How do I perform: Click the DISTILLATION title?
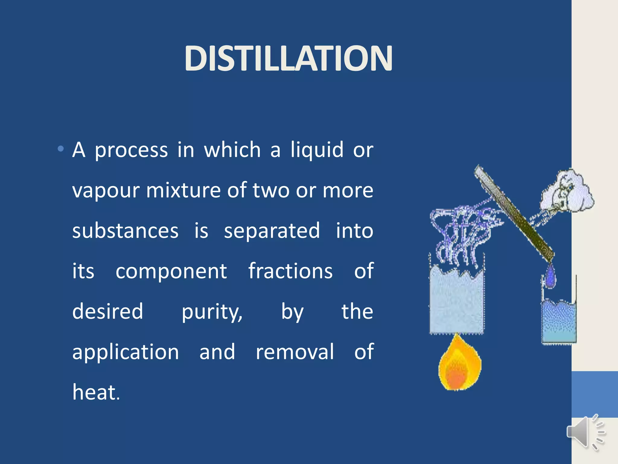click(x=288, y=58)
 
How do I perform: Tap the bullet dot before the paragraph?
click(x=61, y=149)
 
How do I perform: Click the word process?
click(x=131, y=150)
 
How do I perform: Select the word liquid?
click(x=317, y=150)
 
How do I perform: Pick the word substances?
click(x=125, y=231)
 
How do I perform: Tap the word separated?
click(x=272, y=231)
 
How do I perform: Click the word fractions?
click(x=290, y=271)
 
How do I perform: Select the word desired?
click(x=108, y=311)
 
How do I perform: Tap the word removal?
click(x=295, y=352)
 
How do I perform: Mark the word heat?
click(x=96, y=392)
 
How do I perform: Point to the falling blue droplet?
click(x=550, y=276)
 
